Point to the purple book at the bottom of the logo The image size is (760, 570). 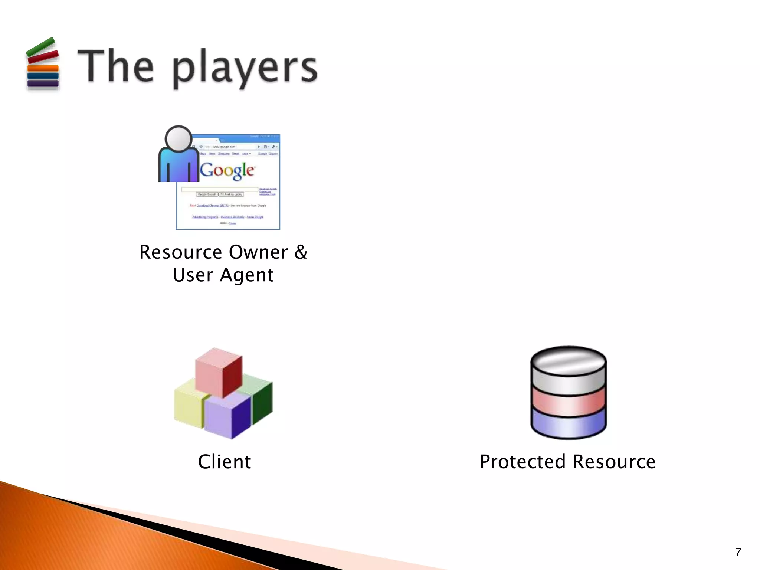[x=43, y=83]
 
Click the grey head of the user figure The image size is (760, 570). [x=178, y=138]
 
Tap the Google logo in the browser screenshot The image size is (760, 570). [x=227, y=170]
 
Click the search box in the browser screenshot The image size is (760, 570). [x=219, y=189]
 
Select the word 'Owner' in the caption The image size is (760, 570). [x=258, y=252]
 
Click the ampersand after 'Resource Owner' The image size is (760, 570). [x=301, y=252]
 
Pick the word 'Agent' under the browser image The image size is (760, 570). [x=247, y=275]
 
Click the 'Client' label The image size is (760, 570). [x=225, y=462]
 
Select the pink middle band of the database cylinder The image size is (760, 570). [x=568, y=402]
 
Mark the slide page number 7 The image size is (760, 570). [x=738, y=552]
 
